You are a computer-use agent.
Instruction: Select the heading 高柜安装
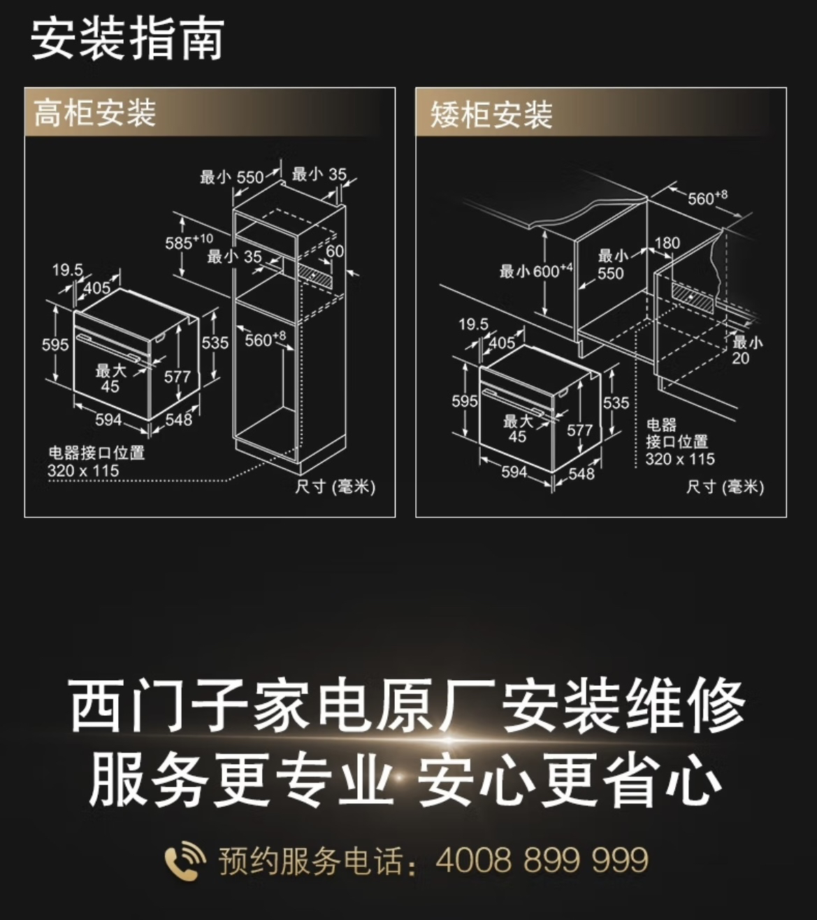click(95, 113)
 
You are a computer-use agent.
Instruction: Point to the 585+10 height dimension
click(188, 243)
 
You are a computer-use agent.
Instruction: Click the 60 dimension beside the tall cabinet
click(335, 251)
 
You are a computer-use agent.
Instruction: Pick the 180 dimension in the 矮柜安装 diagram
click(667, 243)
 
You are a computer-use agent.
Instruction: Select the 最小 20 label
click(746, 350)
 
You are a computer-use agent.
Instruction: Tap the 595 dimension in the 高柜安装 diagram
click(55, 344)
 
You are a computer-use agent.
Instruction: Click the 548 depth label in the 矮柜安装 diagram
click(581, 473)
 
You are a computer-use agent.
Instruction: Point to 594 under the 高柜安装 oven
click(108, 419)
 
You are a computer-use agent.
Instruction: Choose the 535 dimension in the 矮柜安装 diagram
click(616, 403)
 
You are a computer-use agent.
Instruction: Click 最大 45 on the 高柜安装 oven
click(110, 378)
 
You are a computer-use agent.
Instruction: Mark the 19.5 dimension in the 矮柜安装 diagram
click(473, 324)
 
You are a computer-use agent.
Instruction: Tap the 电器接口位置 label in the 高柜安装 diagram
click(96, 453)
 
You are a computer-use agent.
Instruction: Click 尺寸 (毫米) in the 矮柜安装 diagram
click(725, 487)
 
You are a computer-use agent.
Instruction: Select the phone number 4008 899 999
click(542, 860)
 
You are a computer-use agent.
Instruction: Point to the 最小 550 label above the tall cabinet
click(232, 177)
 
